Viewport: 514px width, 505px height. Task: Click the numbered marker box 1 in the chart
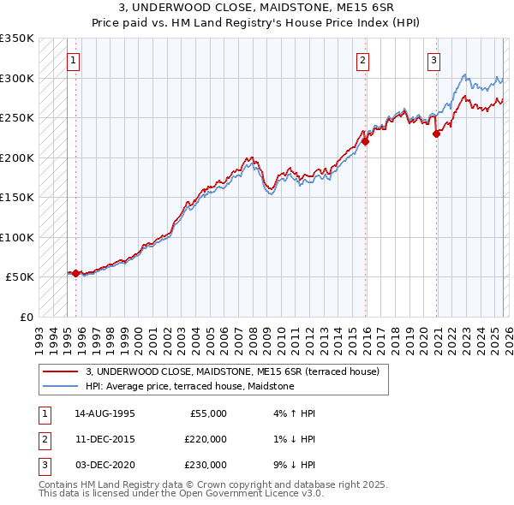point(74,61)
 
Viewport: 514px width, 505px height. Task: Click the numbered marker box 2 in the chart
point(363,61)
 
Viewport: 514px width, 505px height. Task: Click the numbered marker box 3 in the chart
point(434,61)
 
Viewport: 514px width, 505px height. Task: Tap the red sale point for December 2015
point(365,142)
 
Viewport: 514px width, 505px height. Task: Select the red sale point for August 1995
point(76,273)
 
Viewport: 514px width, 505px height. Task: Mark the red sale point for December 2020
point(436,134)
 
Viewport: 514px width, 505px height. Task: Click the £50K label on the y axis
point(20,277)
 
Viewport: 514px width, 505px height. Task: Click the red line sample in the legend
point(61,371)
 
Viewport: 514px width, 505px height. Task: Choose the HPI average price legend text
point(189,386)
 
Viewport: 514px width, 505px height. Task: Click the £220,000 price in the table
point(206,439)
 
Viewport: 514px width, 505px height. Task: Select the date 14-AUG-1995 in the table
point(105,413)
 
